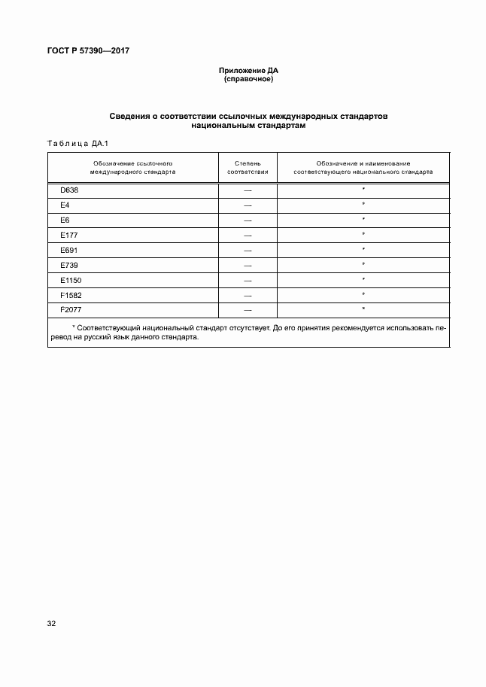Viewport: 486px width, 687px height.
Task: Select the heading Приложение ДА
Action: pos(248,70)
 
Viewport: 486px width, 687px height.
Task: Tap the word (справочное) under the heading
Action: pos(248,78)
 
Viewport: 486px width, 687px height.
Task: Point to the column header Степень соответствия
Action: pos(247,167)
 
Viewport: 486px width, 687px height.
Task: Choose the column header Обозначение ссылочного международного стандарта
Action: pos(133,167)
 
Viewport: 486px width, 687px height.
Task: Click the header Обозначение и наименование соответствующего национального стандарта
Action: pos(363,167)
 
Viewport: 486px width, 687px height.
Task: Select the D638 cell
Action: pos(68,190)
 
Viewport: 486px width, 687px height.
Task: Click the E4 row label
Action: pos(65,205)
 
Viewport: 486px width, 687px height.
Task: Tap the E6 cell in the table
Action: pos(65,220)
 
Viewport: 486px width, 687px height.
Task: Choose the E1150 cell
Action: pos(70,280)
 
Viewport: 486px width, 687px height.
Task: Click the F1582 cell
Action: pos(70,295)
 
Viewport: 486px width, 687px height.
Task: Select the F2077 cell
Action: pos(70,310)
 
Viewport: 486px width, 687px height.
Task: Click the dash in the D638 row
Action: pos(247,190)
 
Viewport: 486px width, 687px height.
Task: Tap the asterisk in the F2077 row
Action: pos(363,310)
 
